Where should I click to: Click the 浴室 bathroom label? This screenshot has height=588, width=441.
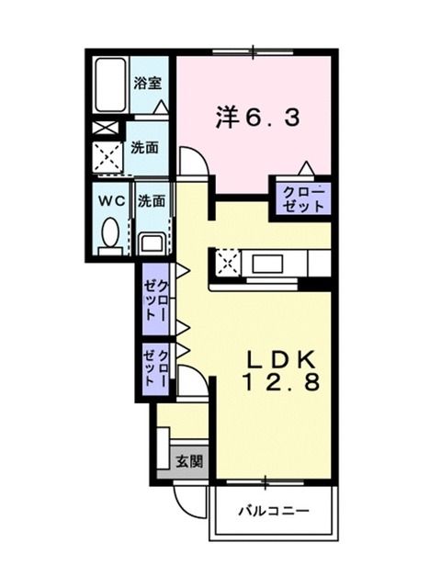148,82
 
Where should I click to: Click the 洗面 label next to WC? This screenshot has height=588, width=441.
151,199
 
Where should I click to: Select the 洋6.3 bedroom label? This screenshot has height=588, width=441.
257,117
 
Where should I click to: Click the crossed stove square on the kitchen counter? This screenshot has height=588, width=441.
227,263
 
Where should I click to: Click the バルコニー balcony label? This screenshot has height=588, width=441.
272,510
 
